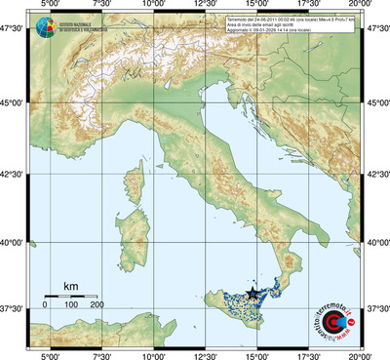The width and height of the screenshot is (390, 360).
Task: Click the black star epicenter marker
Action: tap(253, 293)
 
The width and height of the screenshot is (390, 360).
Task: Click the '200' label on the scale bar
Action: tap(97, 305)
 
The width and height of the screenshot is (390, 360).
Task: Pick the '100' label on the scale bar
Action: tap(71, 305)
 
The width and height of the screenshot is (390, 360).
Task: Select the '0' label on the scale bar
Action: tap(45, 305)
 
